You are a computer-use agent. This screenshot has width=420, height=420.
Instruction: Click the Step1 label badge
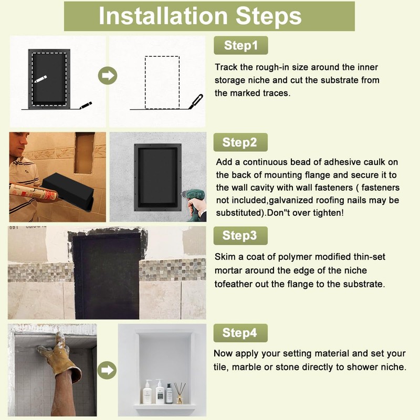point(241,45)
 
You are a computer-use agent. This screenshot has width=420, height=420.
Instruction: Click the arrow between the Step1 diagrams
point(108,76)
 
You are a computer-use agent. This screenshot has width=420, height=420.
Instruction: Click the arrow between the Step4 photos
point(108,370)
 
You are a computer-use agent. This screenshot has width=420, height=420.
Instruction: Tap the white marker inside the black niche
point(40,79)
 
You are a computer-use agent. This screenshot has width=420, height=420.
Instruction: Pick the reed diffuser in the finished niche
point(180,392)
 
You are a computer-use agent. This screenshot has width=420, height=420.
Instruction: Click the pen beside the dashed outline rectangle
point(196,101)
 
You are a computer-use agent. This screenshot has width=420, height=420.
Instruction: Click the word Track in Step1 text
point(226,67)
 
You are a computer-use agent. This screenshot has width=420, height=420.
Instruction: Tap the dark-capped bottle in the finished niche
point(169,393)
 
